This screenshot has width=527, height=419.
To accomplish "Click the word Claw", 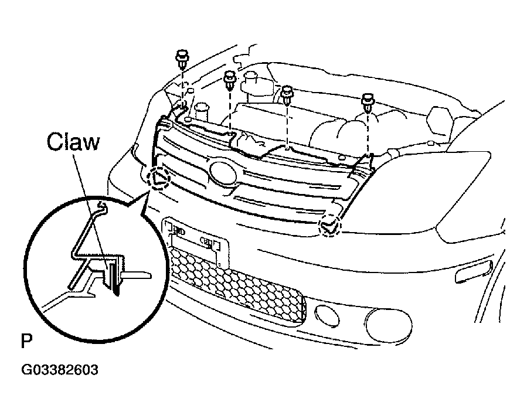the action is tap(73, 142).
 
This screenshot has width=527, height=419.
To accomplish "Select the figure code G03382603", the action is tap(60, 370).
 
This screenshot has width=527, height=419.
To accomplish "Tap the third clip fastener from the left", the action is tap(287, 95).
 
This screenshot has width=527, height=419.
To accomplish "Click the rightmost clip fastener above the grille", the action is tap(368, 103).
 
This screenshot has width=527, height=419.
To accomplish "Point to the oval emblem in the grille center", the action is tap(223, 173).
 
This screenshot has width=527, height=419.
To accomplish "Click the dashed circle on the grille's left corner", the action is tap(159, 177).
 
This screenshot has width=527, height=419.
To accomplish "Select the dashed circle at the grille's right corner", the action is tap(329, 225).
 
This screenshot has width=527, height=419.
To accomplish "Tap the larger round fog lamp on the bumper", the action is tap(388, 324).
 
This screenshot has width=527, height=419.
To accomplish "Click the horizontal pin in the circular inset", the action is tap(136, 274).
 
